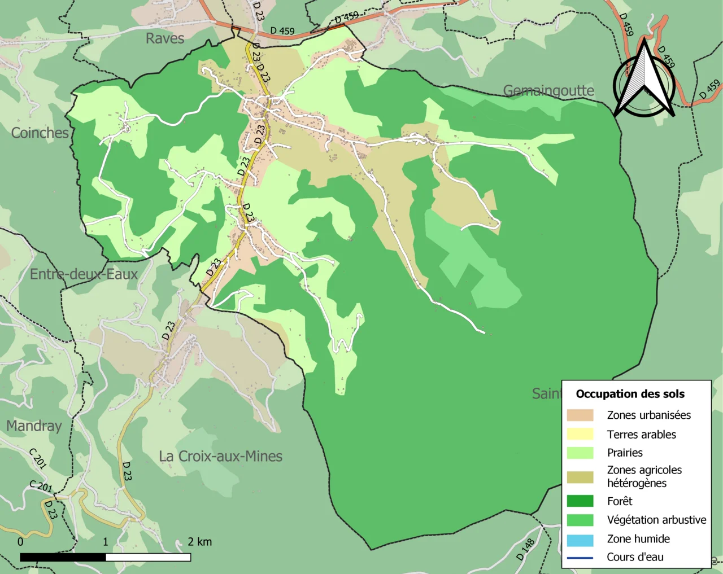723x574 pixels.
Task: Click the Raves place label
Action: click(x=165, y=38)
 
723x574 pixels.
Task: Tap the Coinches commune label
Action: click(x=40, y=133)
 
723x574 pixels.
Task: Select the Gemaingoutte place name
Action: click(x=548, y=90)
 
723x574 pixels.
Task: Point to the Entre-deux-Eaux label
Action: click(x=84, y=274)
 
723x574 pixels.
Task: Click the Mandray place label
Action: click(x=34, y=426)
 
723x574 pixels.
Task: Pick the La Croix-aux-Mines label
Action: click(x=220, y=456)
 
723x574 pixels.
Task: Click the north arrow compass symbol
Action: click(x=644, y=82)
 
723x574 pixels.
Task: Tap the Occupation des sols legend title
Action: click(x=630, y=394)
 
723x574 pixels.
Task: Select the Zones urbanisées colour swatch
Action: click(x=580, y=415)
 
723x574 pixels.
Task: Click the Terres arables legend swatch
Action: click(x=580, y=434)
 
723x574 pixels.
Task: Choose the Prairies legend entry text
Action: click(x=625, y=453)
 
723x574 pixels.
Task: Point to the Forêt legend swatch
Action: click(x=580, y=501)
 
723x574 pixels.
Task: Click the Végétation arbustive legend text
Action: click(x=656, y=520)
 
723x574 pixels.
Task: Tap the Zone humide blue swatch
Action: click(x=580, y=539)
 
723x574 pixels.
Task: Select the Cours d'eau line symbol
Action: click(x=580, y=558)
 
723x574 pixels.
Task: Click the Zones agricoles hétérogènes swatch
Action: click(x=580, y=477)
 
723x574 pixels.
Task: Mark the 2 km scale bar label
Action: click(x=199, y=542)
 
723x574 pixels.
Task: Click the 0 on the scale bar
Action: click(x=20, y=542)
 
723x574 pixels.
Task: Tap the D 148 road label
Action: click(x=525, y=549)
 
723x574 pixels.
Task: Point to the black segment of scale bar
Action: click(x=63, y=558)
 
